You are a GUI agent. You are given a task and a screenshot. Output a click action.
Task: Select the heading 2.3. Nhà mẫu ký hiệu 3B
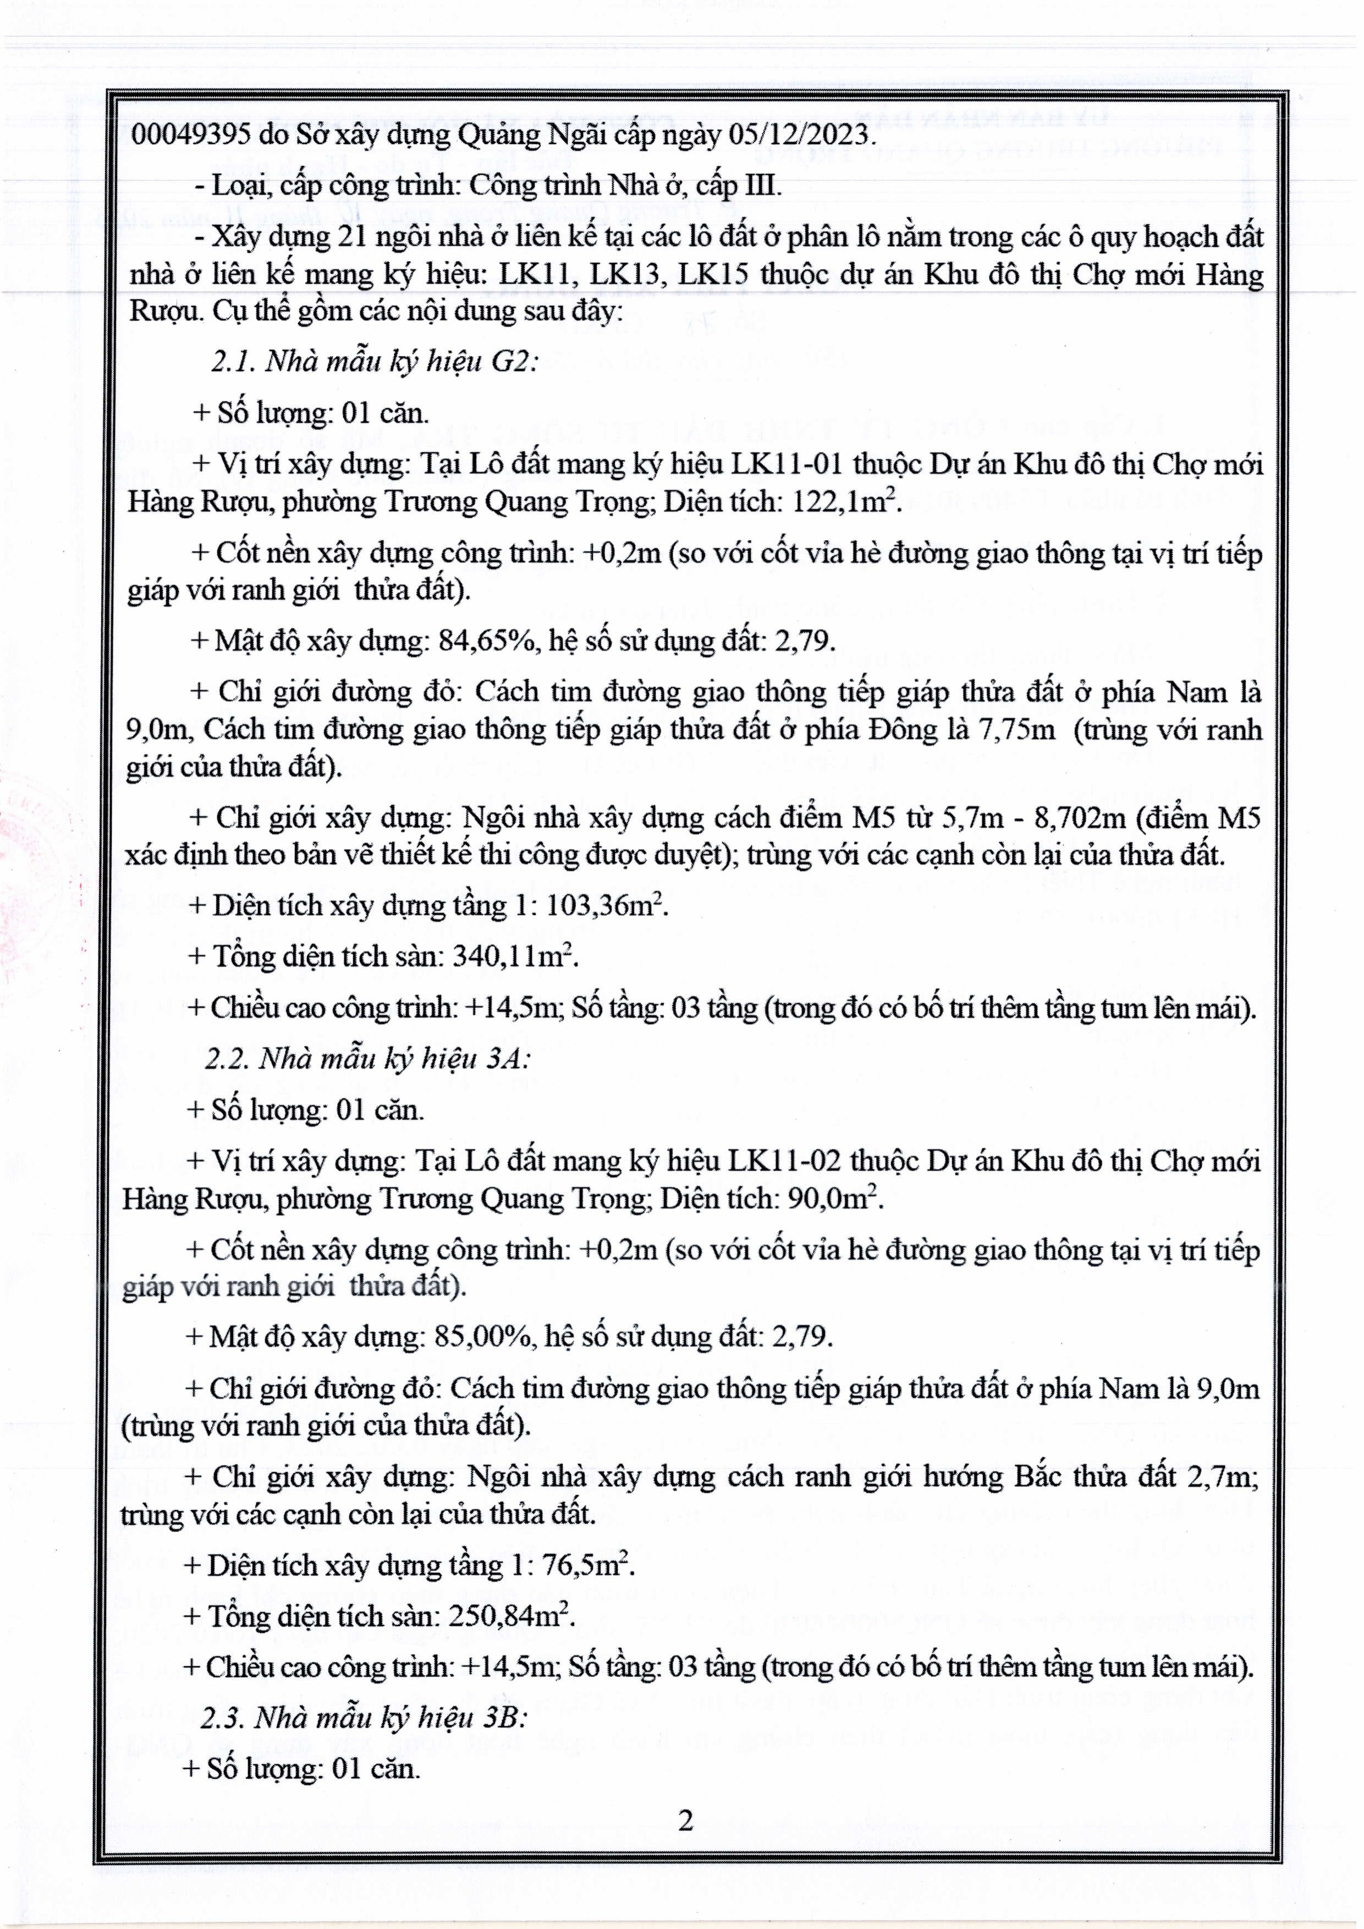point(363,1718)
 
